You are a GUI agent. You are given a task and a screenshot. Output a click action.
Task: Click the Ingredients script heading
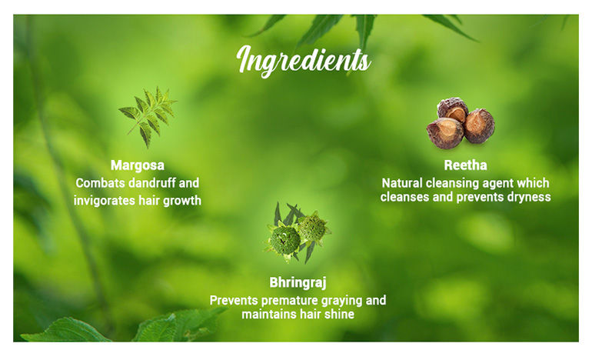tap(304, 61)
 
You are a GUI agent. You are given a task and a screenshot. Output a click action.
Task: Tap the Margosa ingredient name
tap(138, 166)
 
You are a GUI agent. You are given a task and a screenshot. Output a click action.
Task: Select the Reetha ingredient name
tap(465, 165)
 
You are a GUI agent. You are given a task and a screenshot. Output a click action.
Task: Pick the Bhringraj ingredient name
tap(298, 283)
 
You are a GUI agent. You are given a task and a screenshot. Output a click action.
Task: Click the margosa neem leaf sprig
tap(148, 116)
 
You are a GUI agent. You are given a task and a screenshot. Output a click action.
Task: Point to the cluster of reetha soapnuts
tap(461, 123)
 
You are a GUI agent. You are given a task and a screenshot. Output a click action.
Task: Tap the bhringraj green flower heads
tap(298, 233)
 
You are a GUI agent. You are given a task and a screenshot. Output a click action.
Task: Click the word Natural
tap(402, 183)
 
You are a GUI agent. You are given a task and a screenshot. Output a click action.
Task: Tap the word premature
tap(293, 301)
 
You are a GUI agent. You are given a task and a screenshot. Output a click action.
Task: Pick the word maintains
tap(266, 315)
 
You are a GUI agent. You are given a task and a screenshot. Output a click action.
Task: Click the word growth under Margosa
tap(182, 201)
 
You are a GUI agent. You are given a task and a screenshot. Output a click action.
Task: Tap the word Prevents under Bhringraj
tap(234, 301)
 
